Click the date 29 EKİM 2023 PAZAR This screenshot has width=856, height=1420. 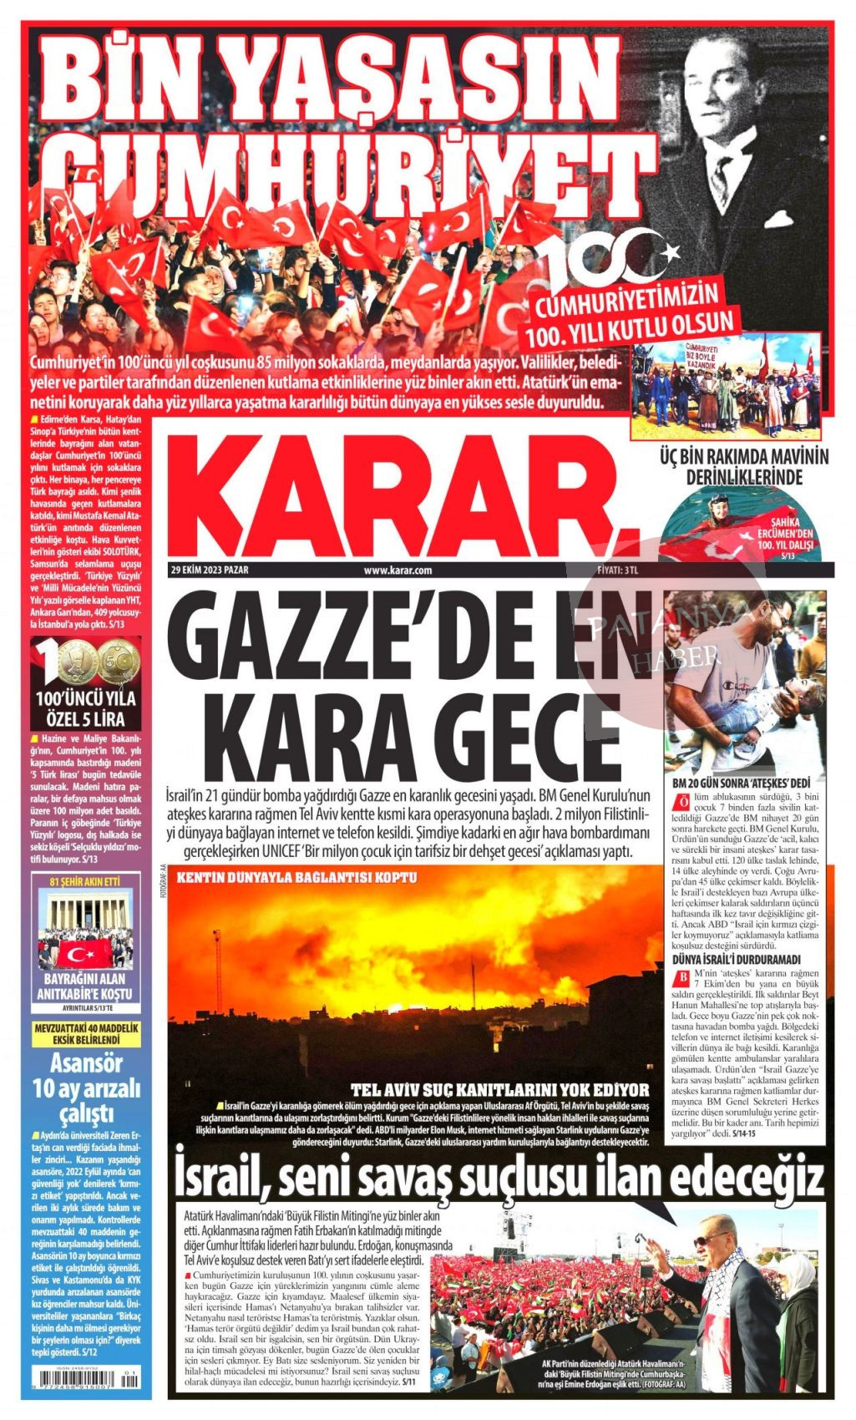210,571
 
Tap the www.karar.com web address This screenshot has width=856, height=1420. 397,571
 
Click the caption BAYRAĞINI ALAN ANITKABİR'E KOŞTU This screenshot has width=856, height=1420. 84,986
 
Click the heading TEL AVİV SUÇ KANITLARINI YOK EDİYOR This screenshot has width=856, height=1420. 499,1089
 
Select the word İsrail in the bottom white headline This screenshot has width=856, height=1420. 220,1177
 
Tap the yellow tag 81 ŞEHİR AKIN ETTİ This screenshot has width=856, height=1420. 84,881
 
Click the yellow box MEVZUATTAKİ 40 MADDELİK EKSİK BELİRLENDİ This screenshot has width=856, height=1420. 84,1033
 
